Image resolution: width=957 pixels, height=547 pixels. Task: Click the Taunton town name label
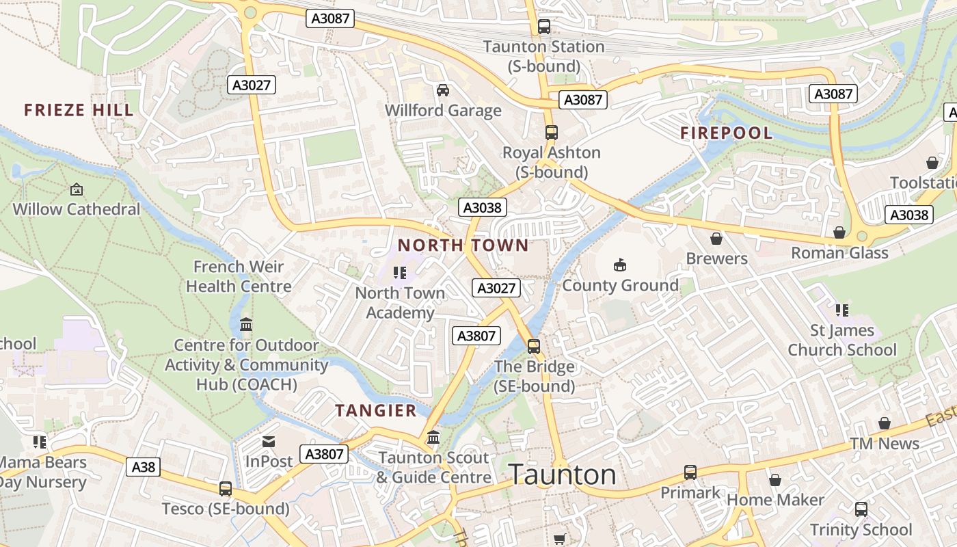[563, 475]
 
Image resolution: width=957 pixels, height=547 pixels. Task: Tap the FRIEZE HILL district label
[79, 110]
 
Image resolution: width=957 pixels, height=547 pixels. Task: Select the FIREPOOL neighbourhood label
[726, 133]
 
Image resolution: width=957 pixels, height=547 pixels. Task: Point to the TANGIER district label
[376, 410]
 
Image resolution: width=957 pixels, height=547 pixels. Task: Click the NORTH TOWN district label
[463, 245]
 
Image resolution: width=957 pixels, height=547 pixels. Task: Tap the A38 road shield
[143, 467]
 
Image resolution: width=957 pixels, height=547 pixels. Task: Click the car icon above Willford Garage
[443, 90]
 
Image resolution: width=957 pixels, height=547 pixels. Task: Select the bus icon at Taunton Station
[544, 27]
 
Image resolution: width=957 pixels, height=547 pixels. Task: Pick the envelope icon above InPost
[269, 442]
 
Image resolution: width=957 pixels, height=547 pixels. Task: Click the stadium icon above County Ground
[620, 265]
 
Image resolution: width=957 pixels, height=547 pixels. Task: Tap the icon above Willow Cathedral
[77, 189]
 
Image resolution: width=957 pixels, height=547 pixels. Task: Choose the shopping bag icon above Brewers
[716, 239]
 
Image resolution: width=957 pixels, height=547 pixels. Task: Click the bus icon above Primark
[690, 472]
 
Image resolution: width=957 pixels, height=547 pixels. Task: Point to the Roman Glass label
[839, 253]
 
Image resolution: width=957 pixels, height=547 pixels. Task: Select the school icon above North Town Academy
[400, 273]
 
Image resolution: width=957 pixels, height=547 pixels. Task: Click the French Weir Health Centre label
[239, 276]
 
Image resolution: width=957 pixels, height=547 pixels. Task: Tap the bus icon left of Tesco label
[226, 489]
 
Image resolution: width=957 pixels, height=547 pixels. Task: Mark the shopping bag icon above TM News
[885, 424]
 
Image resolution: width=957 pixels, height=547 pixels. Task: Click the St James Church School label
[841, 340]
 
